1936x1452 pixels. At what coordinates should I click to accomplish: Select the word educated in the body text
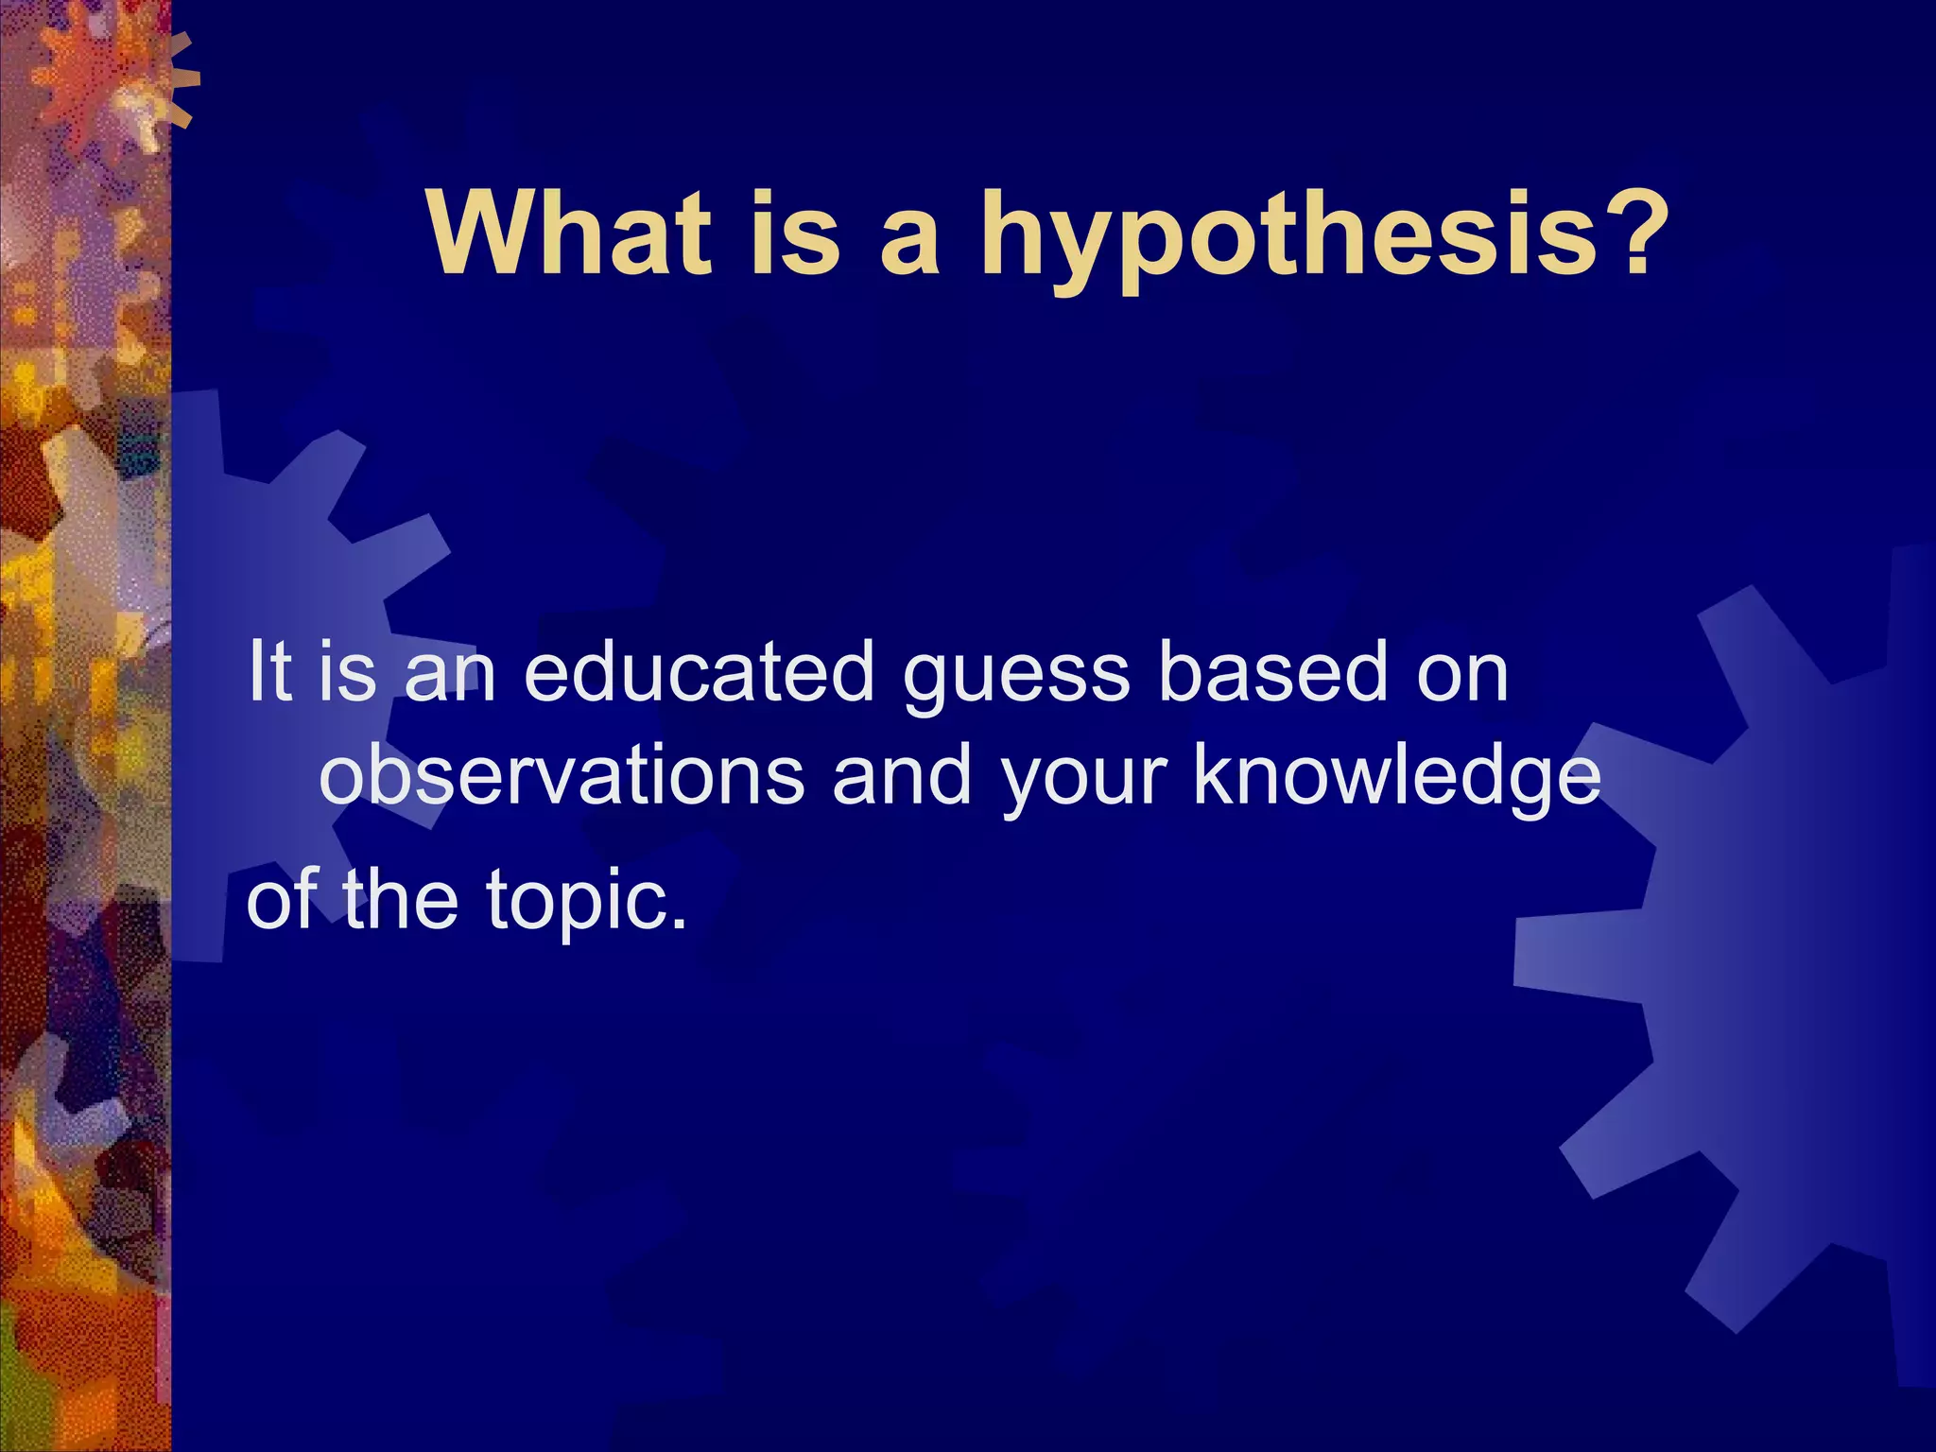coord(700,672)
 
